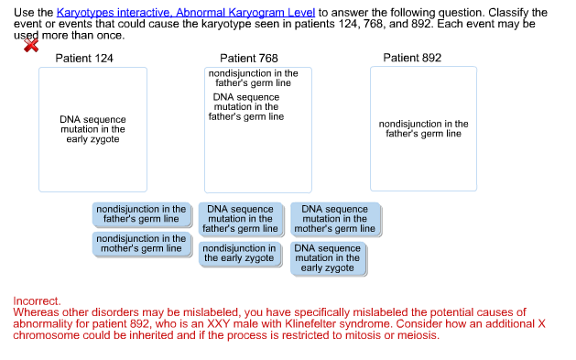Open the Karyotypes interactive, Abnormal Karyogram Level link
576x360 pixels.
[x=186, y=12]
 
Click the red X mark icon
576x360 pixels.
[x=31, y=46]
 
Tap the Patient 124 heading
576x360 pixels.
[x=84, y=58]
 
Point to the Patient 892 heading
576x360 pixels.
[x=412, y=58]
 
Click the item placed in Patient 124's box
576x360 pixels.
[x=93, y=129]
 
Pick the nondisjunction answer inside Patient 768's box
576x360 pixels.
[x=253, y=78]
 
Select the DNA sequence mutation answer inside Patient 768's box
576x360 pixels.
[x=246, y=107]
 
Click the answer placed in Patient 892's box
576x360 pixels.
[x=423, y=129]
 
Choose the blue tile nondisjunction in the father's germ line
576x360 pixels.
[x=141, y=214]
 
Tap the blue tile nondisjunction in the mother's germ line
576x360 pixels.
[x=141, y=244]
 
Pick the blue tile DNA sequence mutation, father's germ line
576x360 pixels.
[x=240, y=219]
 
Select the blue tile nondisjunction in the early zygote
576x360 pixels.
[x=239, y=254]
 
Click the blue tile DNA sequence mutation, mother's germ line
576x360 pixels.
[x=334, y=219]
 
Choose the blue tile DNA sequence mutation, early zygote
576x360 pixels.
[x=328, y=258]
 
